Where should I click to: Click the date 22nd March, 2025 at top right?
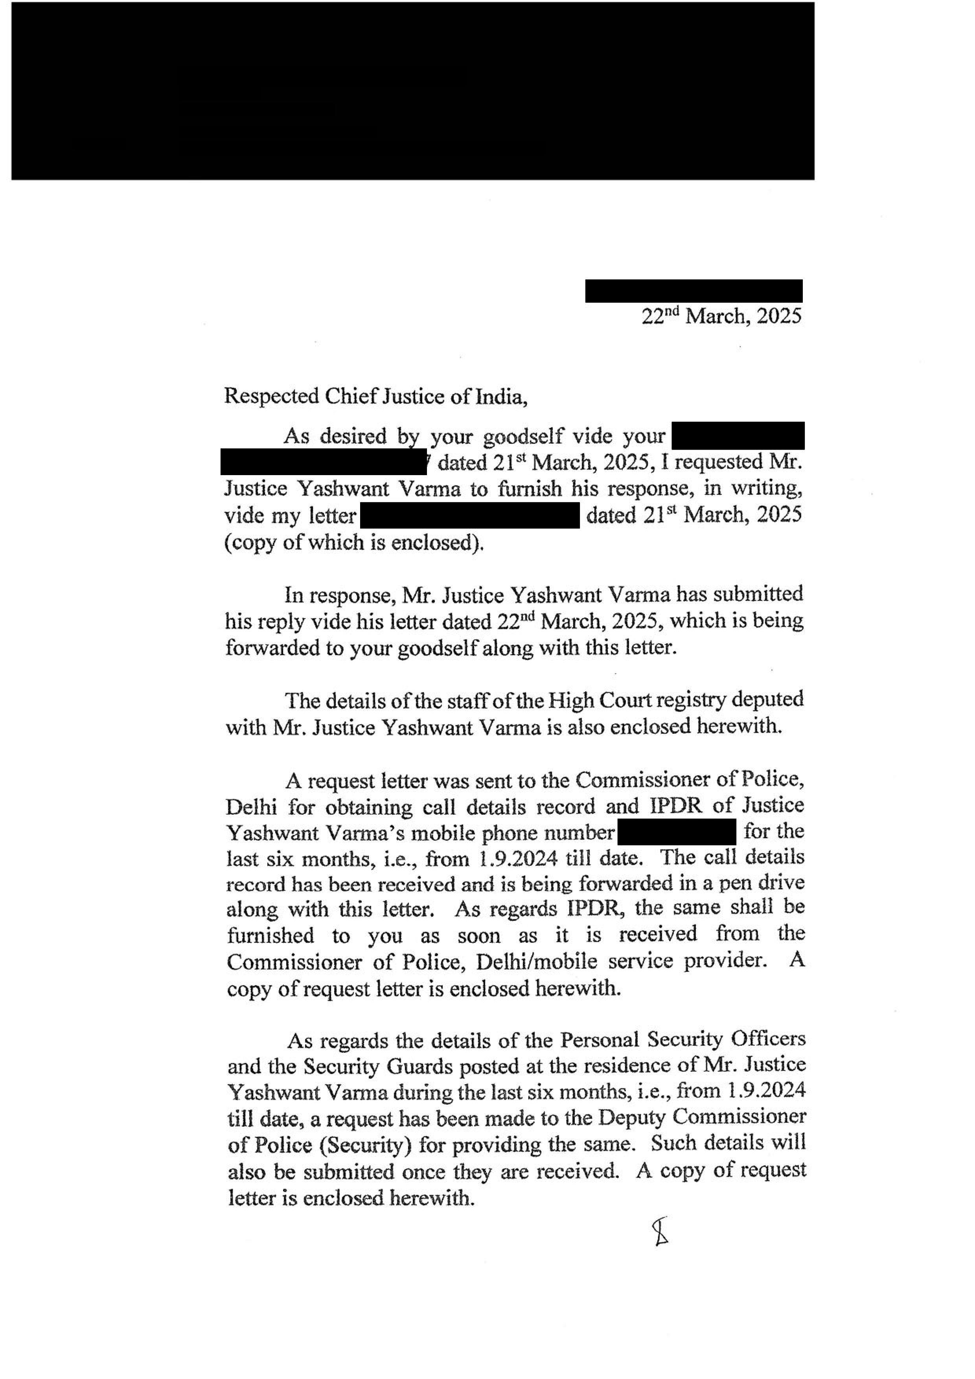click(x=721, y=316)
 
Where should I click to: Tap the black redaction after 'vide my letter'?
click(x=469, y=515)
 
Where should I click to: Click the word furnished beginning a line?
click(x=270, y=935)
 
